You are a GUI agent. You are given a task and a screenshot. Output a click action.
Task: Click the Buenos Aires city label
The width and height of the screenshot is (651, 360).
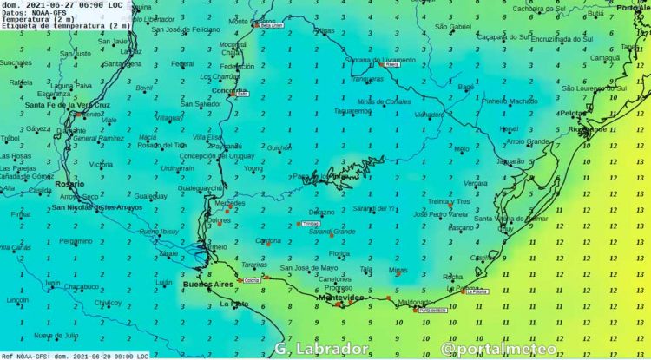(207, 284)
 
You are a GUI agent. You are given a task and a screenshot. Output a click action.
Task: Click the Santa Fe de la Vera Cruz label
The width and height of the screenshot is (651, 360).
(63, 105)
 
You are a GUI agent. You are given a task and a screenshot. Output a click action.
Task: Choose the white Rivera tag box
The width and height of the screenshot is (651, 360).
(391, 64)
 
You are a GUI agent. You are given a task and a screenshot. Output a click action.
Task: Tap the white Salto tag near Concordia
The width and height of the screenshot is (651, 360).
(242, 93)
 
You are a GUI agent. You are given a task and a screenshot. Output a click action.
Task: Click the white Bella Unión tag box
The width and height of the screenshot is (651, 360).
(272, 25)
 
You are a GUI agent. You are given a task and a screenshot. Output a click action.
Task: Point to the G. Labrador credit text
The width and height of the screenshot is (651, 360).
(322, 349)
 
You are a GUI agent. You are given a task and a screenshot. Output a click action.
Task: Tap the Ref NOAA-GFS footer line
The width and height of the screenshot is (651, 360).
(74, 356)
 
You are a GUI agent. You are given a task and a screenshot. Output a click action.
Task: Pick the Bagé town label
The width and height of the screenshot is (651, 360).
(466, 87)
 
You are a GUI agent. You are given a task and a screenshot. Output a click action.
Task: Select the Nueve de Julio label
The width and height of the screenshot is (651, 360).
(56, 336)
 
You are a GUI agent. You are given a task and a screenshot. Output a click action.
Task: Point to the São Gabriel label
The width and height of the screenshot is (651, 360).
(452, 27)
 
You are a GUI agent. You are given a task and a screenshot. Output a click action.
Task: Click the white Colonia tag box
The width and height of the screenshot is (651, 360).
(252, 280)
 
